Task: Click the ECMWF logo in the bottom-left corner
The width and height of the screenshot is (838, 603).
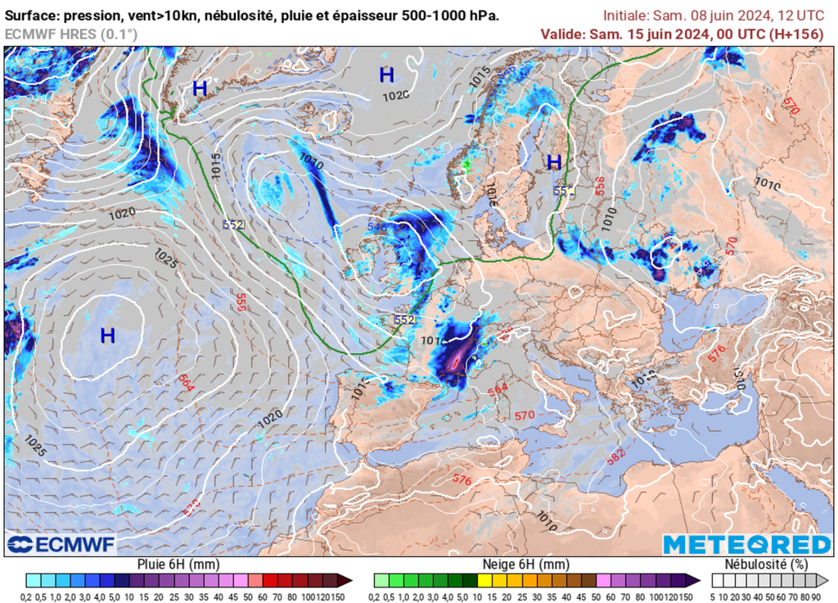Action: point(61,544)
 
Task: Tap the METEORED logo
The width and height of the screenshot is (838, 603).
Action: point(746,544)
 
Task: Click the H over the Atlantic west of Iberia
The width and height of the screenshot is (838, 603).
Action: point(107,335)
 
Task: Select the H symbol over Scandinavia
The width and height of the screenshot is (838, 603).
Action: point(554,161)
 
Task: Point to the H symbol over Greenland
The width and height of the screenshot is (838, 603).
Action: point(200,88)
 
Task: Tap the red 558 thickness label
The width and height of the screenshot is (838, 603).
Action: point(600,187)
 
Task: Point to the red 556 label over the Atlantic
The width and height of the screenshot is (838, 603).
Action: point(241,301)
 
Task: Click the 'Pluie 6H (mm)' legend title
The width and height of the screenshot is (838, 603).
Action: point(177,564)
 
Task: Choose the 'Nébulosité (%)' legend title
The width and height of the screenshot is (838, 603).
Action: point(767,564)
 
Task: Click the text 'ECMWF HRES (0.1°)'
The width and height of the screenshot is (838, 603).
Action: point(71,34)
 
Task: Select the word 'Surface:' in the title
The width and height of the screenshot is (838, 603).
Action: point(33,16)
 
